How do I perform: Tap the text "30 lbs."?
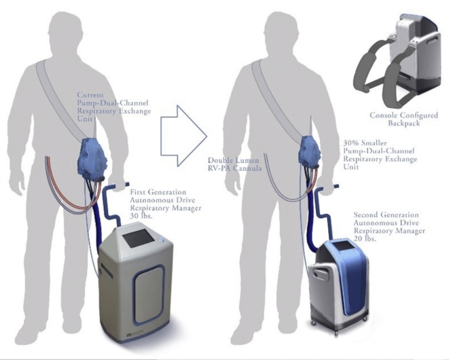pos(141,216)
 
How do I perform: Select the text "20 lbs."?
pos(365,238)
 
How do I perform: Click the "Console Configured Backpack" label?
pos(404,119)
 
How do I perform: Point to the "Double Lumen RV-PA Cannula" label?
pos(234,164)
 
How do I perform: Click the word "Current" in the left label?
pos(90,95)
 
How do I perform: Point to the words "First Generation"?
pos(158,192)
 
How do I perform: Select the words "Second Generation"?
pos(386,215)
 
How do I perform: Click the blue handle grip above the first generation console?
pos(122,186)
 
